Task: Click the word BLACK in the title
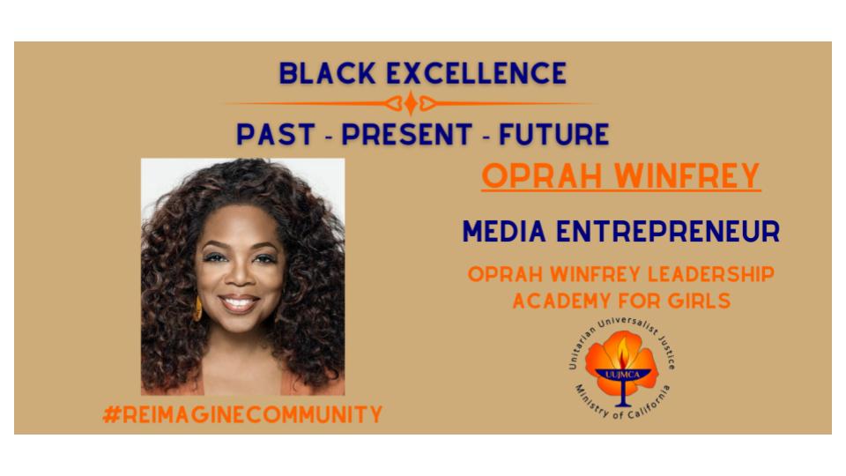tap(327, 73)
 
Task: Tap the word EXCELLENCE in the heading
tap(477, 73)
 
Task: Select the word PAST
tap(276, 134)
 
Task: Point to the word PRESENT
tap(407, 134)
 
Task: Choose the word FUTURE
tap(554, 134)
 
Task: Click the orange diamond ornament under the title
tap(411, 103)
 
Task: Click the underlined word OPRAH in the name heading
tap(542, 175)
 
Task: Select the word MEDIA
tap(504, 232)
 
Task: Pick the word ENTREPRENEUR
tap(668, 232)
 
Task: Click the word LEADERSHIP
tap(710, 274)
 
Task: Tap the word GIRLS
tap(699, 301)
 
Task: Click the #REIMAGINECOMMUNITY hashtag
tap(243, 414)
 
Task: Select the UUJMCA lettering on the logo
tap(622, 375)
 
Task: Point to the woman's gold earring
tap(197, 309)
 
